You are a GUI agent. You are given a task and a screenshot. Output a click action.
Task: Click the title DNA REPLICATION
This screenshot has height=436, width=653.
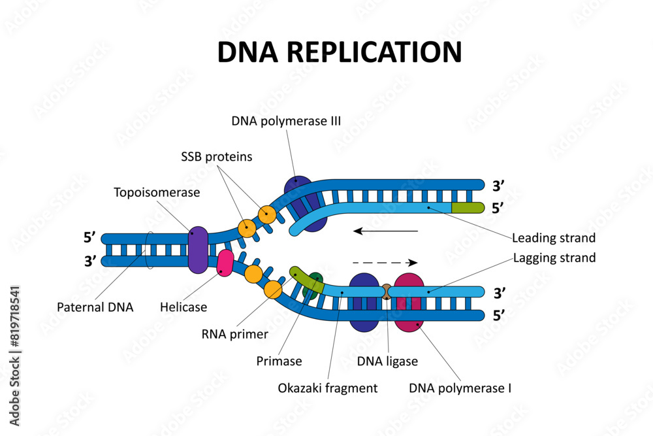[339, 53]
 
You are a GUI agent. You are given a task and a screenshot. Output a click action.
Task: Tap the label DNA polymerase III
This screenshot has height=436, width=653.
[286, 121]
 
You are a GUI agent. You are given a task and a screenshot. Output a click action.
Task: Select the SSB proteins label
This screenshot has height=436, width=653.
[217, 157]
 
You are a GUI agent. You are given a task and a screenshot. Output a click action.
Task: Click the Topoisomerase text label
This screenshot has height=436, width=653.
[157, 192]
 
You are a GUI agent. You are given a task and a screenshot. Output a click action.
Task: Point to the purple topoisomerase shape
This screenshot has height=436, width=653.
[198, 250]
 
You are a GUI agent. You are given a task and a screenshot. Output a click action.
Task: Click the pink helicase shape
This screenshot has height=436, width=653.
[225, 263]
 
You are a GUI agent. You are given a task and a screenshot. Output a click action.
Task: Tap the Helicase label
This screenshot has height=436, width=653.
[183, 307]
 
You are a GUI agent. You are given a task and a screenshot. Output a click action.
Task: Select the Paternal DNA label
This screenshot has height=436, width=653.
[95, 307]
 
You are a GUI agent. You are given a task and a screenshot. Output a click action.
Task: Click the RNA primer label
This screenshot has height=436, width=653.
[235, 334]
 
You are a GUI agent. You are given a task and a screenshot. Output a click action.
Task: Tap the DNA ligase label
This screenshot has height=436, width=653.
[387, 361]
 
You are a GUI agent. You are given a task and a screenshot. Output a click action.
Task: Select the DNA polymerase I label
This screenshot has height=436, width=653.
[460, 388]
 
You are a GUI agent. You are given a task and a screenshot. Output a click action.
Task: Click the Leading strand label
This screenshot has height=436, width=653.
[554, 237]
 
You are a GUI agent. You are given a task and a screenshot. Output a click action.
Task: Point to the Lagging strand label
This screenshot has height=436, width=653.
[554, 258]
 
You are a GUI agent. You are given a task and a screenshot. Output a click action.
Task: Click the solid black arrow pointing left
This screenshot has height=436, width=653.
[385, 231]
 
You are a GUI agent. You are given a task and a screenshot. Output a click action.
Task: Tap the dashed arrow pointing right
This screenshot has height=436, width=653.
[385, 262]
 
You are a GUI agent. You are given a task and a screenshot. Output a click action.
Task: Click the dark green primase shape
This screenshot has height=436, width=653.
[315, 282]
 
